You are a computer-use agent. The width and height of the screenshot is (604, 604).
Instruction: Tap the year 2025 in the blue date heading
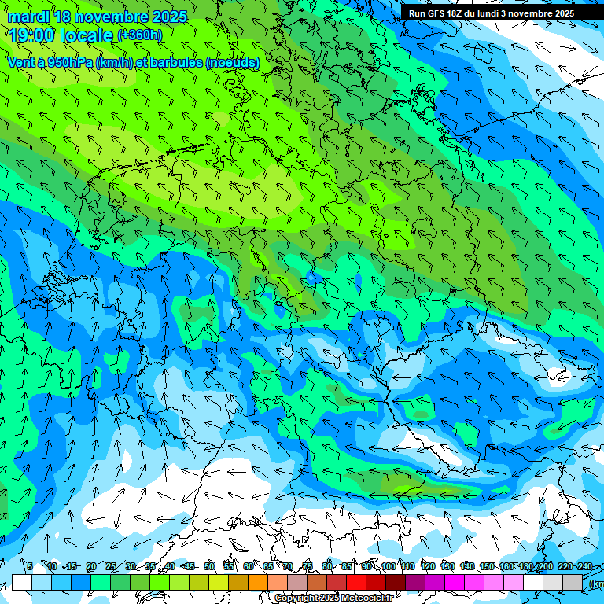click(x=166, y=17)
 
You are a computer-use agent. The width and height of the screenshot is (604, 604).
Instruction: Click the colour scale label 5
click(x=30, y=566)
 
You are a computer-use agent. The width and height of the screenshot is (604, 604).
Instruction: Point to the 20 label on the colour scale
click(x=91, y=566)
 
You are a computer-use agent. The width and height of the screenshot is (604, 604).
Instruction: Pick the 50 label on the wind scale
click(x=209, y=566)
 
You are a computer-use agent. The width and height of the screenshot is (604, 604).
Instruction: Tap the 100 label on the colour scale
click(x=389, y=566)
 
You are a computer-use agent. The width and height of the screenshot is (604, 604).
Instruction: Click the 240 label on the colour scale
click(x=584, y=566)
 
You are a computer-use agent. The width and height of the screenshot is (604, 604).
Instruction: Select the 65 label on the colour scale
click(x=268, y=566)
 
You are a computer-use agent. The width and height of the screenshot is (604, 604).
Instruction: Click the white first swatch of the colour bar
click(x=22, y=582)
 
